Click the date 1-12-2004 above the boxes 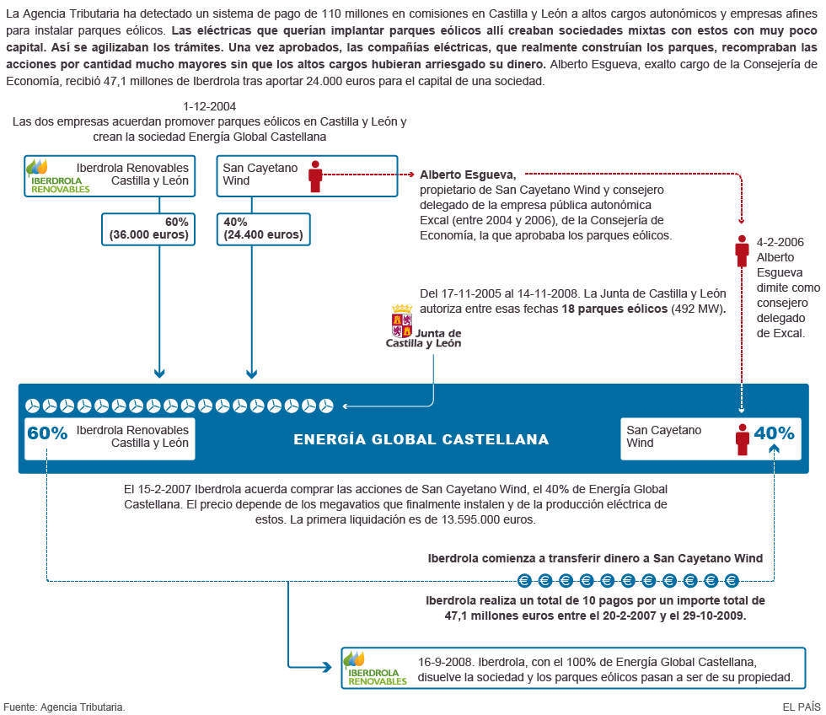pyautogui.click(x=209, y=107)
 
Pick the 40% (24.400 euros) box pyautogui.click(x=263, y=228)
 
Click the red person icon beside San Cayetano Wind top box pyautogui.click(x=315, y=175)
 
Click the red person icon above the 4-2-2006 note pyautogui.click(x=742, y=249)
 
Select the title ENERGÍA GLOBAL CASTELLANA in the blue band pyautogui.click(x=421, y=439)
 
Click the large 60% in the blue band pyautogui.click(x=47, y=433)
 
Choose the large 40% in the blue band pyautogui.click(x=774, y=433)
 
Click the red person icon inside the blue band pyautogui.click(x=742, y=438)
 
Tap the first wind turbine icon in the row pyautogui.click(x=33, y=406)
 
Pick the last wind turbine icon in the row pyautogui.click(x=326, y=406)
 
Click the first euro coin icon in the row pyautogui.click(x=525, y=580)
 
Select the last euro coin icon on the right pyautogui.click(x=732, y=580)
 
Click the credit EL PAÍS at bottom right pyautogui.click(x=801, y=707)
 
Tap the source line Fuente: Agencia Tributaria pyautogui.click(x=64, y=707)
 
